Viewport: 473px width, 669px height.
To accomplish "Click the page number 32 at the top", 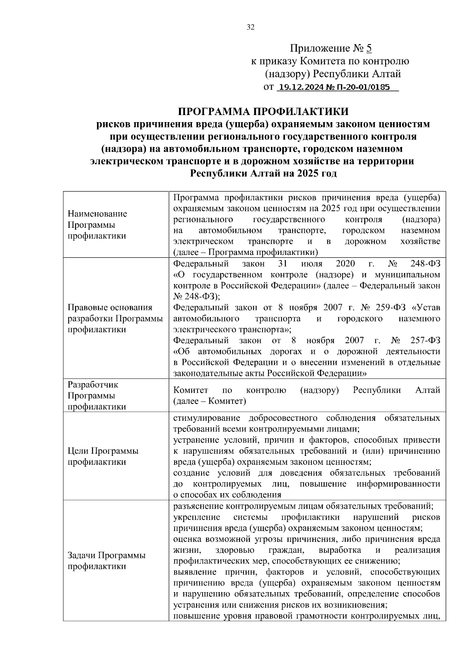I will coord(251,27).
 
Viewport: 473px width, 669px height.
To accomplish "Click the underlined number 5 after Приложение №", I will coord(369,48).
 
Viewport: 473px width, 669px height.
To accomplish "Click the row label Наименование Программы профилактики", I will coord(97,225).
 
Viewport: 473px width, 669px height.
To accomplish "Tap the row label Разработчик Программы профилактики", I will coord(97,396).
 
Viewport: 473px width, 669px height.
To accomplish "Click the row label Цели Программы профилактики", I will coord(103,456).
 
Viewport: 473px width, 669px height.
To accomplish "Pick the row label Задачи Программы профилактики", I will coord(106,561).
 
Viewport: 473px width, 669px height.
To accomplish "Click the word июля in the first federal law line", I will coord(311,264).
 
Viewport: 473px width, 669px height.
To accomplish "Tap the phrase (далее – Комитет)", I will coord(209,401).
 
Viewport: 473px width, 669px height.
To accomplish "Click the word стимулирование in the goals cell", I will coord(207,418).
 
